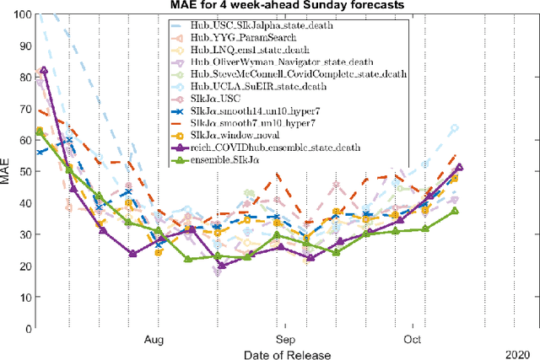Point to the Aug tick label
[154, 341]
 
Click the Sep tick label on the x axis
[287, 341]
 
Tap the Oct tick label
[412, 341]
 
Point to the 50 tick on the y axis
[23, 172]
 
